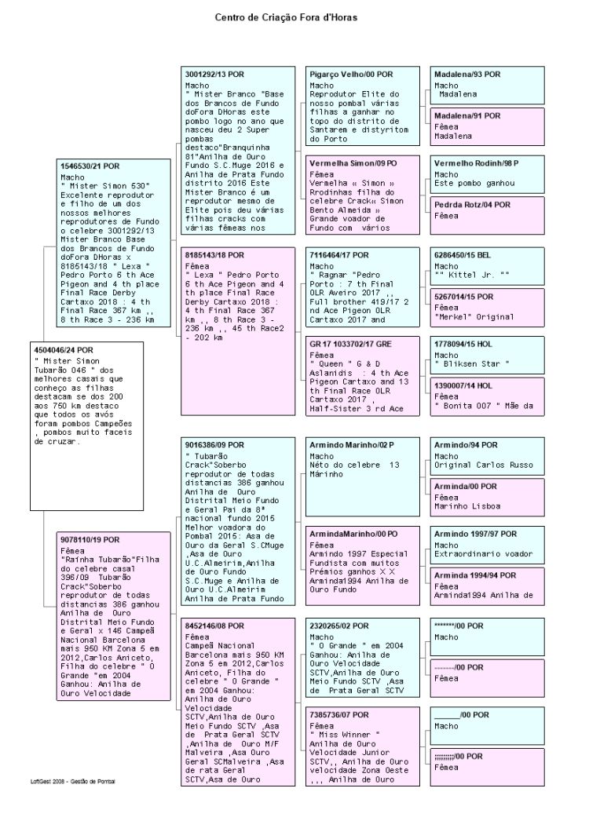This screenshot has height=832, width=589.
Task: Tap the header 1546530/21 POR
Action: tap(90, 166)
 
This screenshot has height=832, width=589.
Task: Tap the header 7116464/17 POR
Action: tap(339, 255)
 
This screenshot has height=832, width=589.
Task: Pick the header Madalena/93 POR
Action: tap(467, 73)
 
